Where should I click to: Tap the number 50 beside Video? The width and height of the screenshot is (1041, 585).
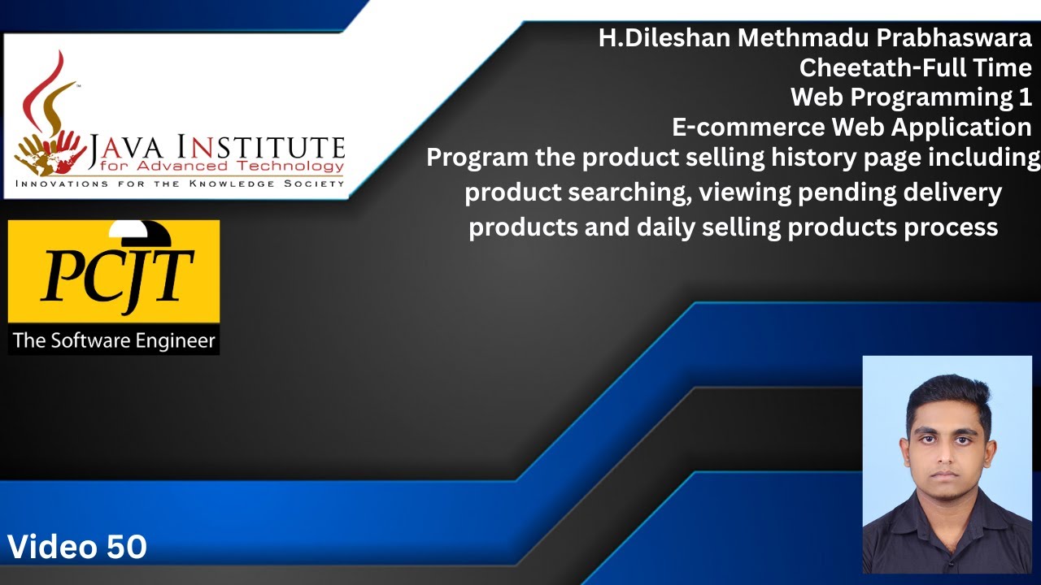coord(126,547)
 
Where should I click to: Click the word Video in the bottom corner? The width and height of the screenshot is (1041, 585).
coord(53,547)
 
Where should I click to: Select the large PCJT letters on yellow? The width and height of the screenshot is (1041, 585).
coord(117,278)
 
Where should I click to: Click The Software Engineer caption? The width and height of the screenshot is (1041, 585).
coord(114,340)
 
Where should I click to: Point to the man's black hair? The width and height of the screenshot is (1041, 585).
coord(948,393)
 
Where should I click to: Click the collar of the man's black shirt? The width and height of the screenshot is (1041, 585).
coord(947,505)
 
